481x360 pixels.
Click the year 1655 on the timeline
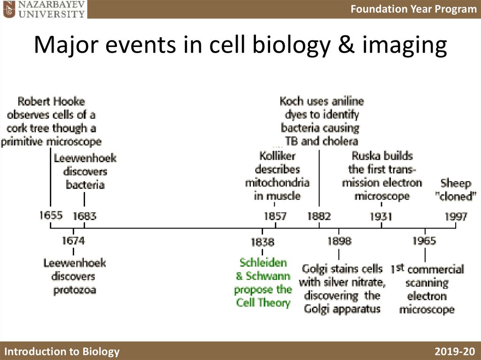51,215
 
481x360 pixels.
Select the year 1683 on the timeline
85,216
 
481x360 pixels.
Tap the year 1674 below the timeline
73,241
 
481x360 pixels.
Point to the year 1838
262,242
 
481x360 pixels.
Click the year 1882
319,216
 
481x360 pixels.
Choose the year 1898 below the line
339,241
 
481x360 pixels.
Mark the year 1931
381,216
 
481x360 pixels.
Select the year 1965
424,241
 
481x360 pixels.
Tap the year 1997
456,216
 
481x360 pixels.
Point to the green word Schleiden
263,262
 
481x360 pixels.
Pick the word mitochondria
277,183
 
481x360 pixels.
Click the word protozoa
75,290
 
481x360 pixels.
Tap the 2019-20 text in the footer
455,352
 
